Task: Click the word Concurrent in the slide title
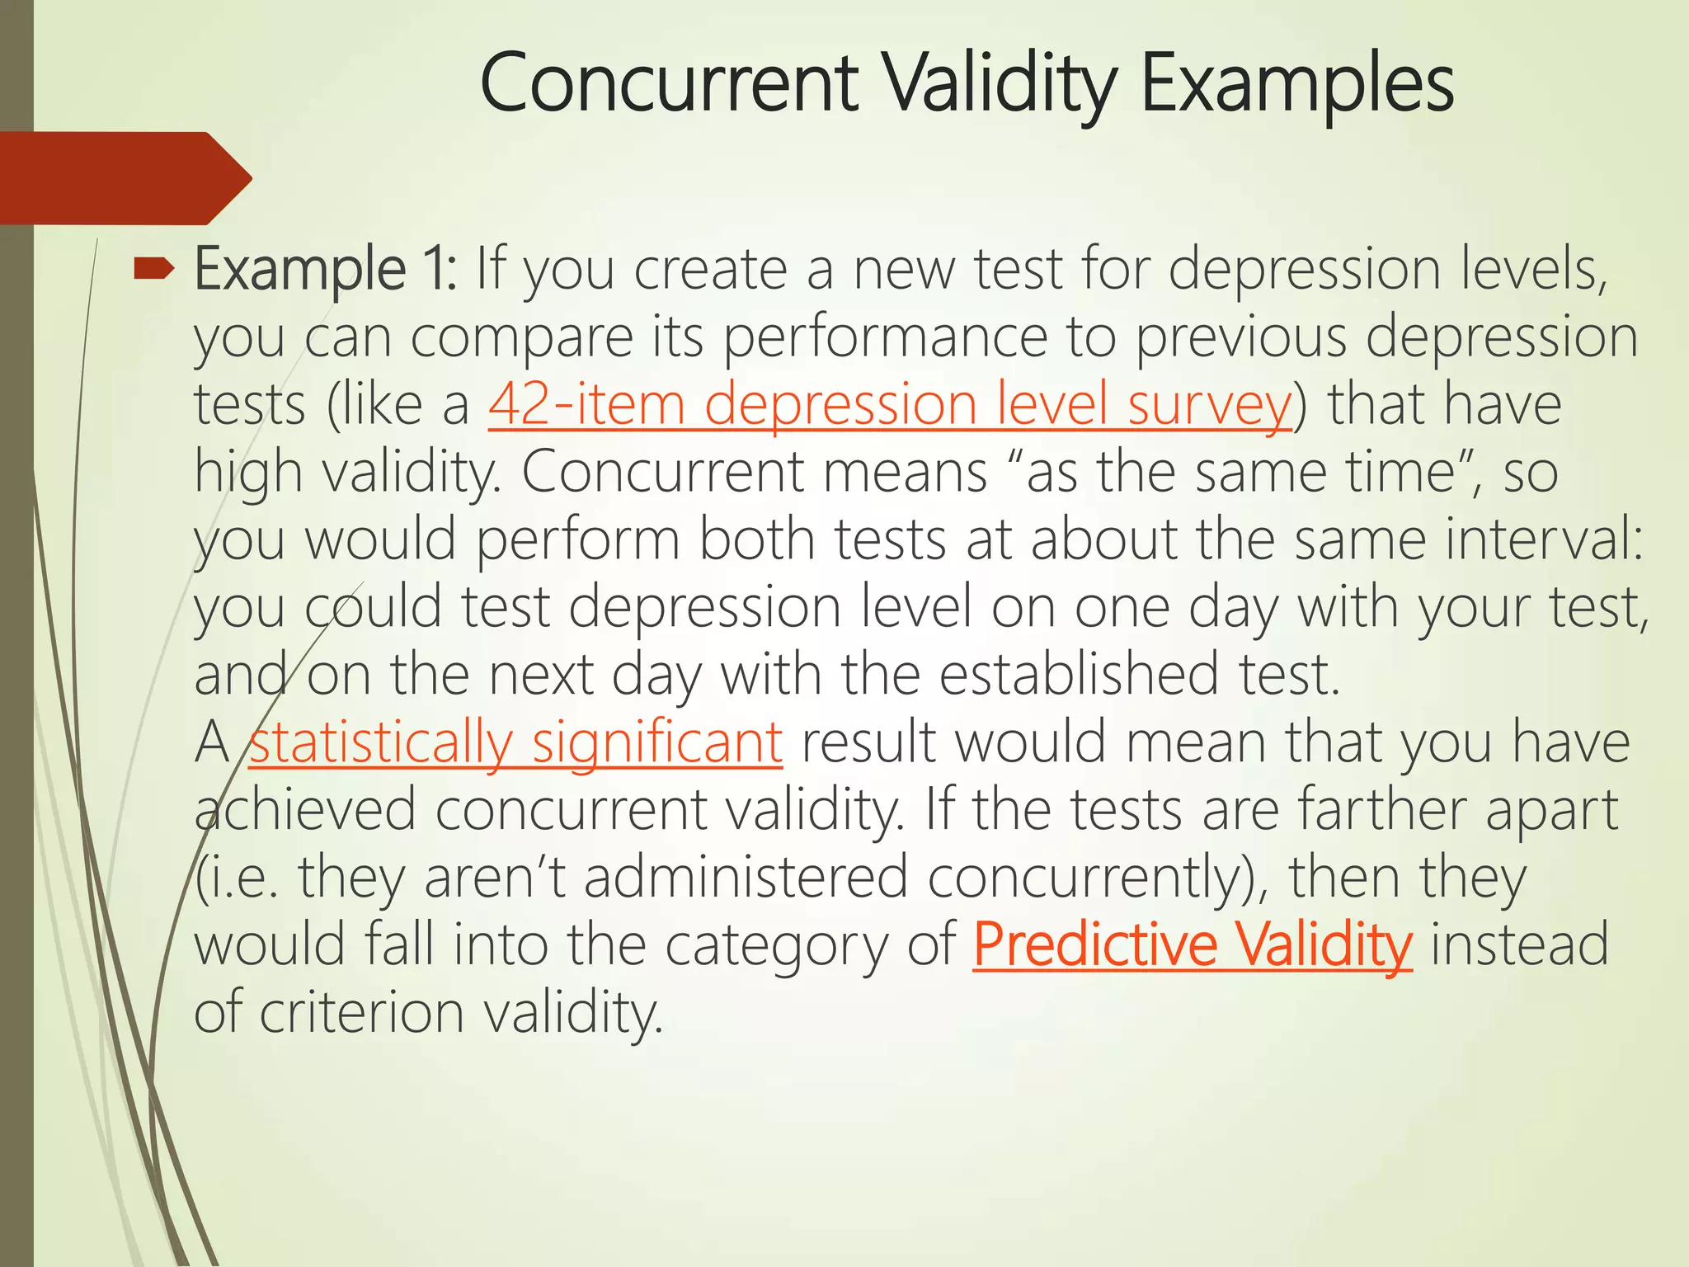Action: pyautogui.click(x=669, y=83)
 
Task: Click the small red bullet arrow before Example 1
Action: pyautogui.click(x=154, y=267)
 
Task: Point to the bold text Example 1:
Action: pyautogui.click(x=325, y=271)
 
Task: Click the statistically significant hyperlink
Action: pyautogui.click(x=515, y=742)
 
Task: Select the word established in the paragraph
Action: pyautogui.click(x=1079, y=675)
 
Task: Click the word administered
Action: pyautogui.click(x=746, y=878)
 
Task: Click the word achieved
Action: pyautogui.click(x=305, y=810)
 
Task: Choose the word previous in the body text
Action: pyautogui.click(x=1241, y=338)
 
